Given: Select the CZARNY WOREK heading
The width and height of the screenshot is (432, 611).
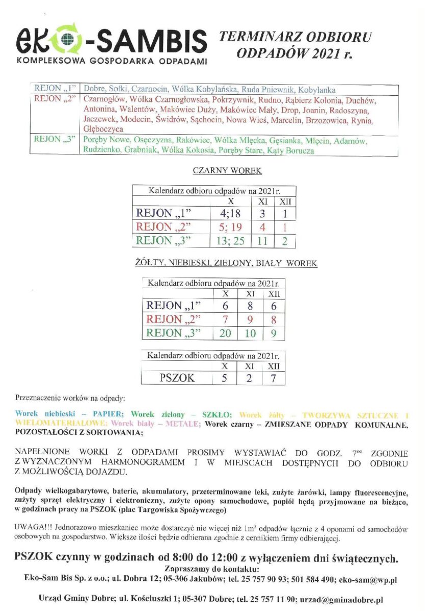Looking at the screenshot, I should [x=227, y=171].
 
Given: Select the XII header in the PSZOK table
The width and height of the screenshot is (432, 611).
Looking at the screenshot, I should [x=274, y=367].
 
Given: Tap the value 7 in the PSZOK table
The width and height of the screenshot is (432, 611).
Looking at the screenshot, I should [x=274, y=378].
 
